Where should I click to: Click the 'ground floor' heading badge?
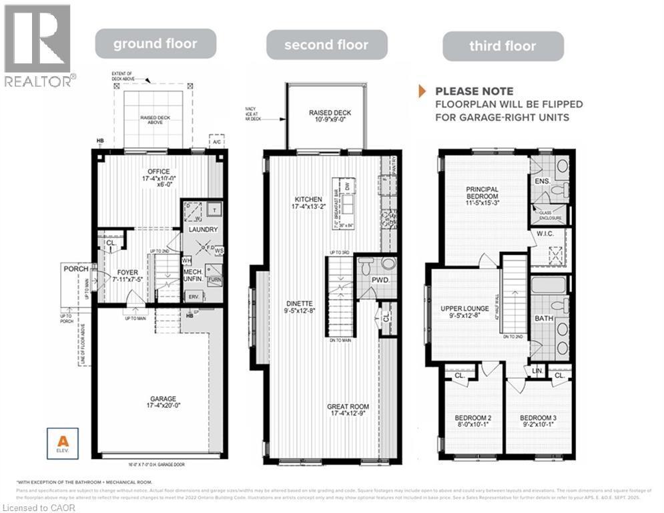pos(155,44)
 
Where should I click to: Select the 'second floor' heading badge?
pos(326,45)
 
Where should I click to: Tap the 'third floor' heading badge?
pos(503,46)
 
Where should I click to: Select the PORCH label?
pos(76,269)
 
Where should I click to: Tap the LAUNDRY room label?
pos(203,230)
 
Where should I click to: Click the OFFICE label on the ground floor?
pos(158,172)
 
